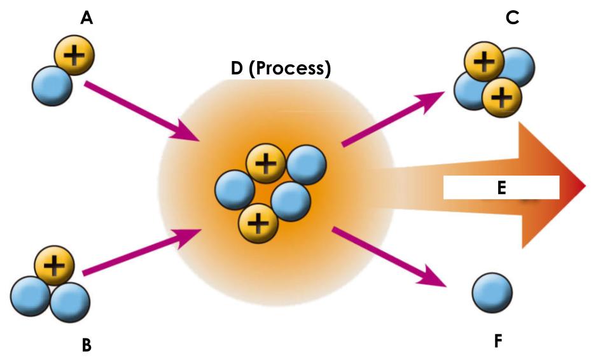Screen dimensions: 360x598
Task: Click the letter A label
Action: pyautogui.click(x=87, y=18)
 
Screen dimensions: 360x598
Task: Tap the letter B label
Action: pyautogui.click(x=87, y=345)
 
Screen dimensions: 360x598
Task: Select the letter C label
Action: pyautogui.click(x=512, y=18)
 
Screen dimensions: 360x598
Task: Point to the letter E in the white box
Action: pyautogui.click(x=501, y=188)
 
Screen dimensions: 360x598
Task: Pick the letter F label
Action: pyautogui.click(x=498, y=341)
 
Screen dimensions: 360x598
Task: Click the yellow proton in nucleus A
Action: pyautogui.click(x=74, y=56)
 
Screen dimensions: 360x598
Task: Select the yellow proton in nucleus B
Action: pyautogui.click(x=54, y=266)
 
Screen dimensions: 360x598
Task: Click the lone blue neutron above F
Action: pyautogui.click(x=492, y=294)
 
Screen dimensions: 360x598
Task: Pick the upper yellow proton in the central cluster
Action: pyautogui.click(x=265, y=165)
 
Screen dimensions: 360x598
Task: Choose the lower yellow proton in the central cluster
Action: pyautogui.click(x=258, y=222)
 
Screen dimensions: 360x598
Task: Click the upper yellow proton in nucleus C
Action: pyautogui.click(x=484, y=63)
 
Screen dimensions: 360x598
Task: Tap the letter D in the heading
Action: pyautogui.click(x=237, y=69)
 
